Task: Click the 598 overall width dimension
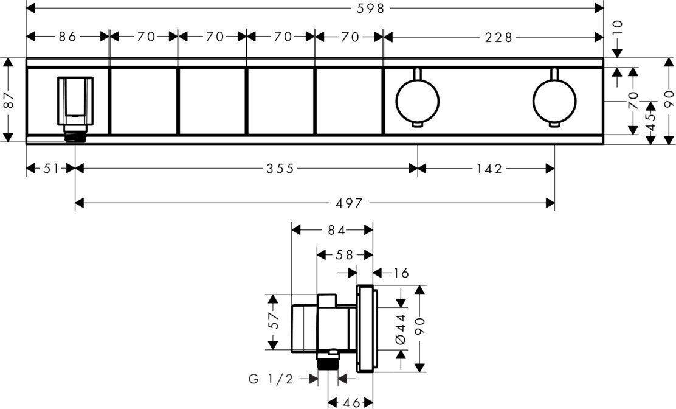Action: coord(371,8)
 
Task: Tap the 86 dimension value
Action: coord(67,37)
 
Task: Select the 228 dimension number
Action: coord(499,38)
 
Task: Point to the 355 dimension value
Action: coord(280,169)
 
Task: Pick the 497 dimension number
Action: coord(349,203)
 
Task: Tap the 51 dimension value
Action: coord(51,169)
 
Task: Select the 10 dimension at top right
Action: coord(618,29)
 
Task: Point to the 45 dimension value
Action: coord(651,122)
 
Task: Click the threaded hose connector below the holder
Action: coord(75,136)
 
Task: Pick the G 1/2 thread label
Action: coord(271,379)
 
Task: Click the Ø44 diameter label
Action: coord(401,329)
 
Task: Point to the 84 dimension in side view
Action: coord(337,231)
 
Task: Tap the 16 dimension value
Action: coord(401,273)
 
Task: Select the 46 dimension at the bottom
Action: coord(351,403)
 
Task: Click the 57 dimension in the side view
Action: coord(272,321)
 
